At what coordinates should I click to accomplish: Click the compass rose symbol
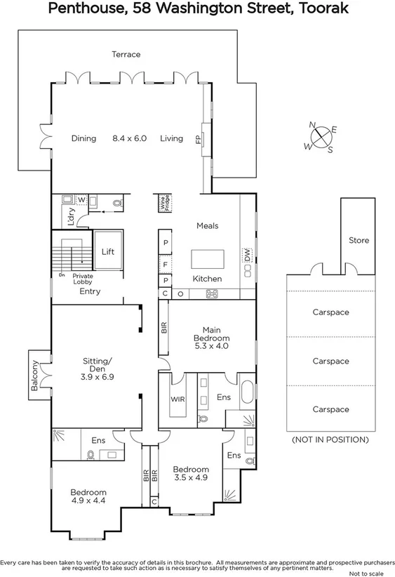321,136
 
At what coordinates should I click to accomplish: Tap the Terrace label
126,54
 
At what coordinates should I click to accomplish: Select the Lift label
108,252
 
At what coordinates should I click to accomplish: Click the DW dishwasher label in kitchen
248,256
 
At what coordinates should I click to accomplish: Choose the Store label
359,241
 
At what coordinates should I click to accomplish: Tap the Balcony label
34,376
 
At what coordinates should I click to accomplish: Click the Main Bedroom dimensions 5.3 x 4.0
211,346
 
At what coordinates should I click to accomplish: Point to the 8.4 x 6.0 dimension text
129,138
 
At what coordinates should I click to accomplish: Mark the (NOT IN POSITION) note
330,439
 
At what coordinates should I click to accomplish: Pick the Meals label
207,226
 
